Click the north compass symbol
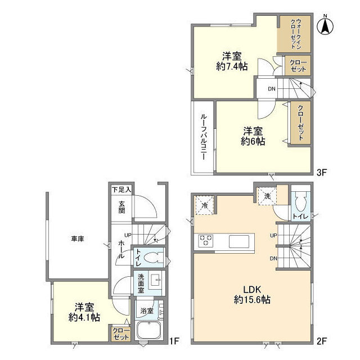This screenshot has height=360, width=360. click(325, 25)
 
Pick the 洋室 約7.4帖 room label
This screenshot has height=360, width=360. click(231, 61)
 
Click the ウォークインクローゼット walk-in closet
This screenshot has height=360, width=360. click(295, 34)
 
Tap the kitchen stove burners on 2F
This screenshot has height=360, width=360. click(206, 241)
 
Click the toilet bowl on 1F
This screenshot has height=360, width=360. click(152, 258)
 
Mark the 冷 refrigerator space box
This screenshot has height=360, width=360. click(205, 205)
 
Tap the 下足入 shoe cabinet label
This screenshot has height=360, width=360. click(121, 190)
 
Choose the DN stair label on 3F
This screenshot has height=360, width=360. click(272, 89)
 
